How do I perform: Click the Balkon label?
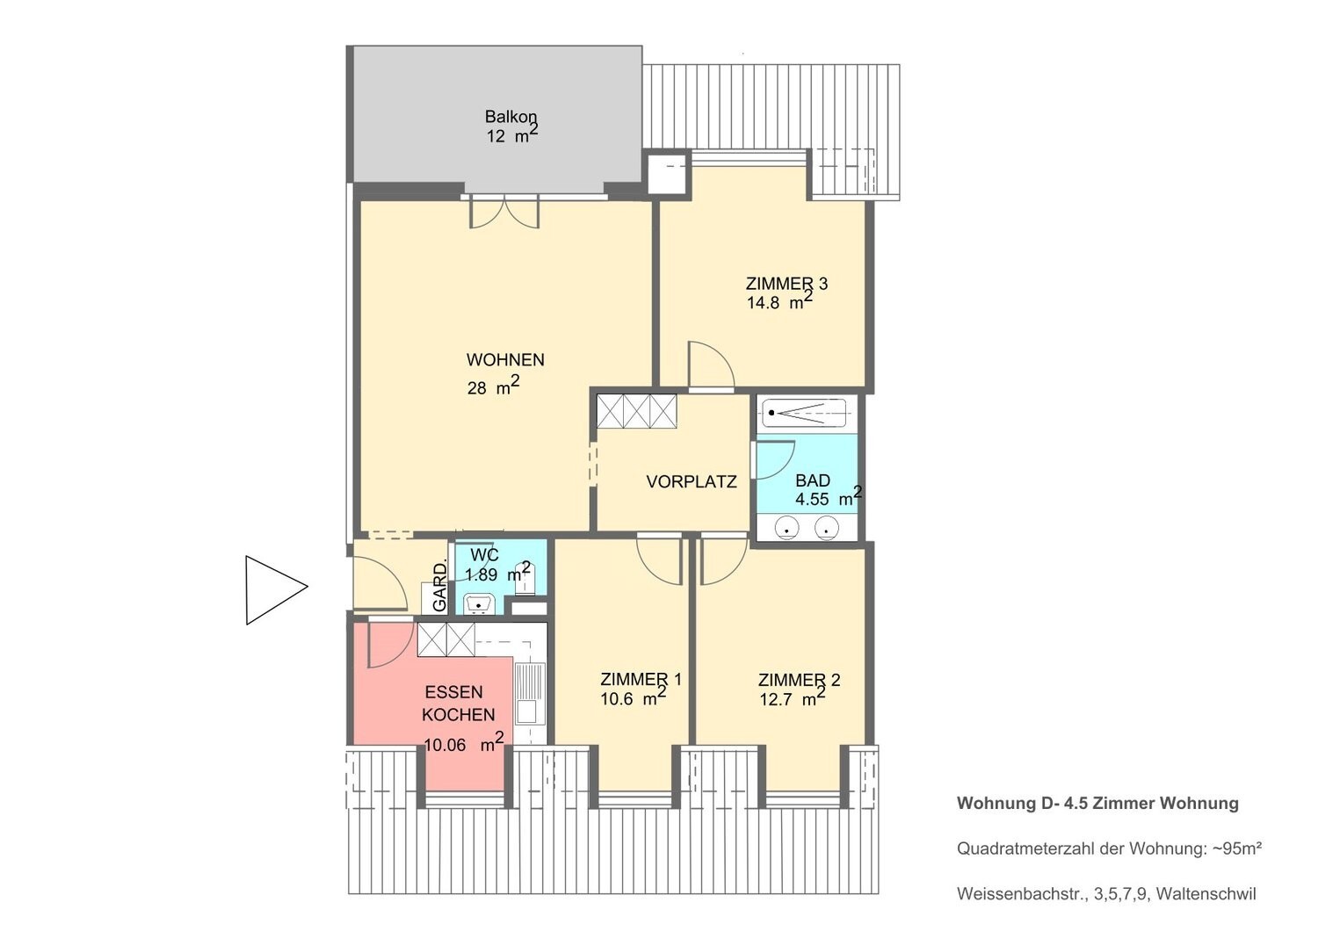click(511, 117)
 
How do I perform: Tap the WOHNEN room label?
click(505, 359)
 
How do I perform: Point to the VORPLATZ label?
click(692, 481)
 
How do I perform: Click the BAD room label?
click(813, 480)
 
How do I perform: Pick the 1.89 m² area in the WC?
click(498, 573)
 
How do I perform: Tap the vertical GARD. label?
click(440, 587)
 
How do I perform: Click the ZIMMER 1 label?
click(641, 679)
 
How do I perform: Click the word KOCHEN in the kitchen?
click(459, 715)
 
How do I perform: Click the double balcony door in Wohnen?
click(503, 213)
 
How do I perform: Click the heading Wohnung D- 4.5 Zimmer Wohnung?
click(1097, 803)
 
